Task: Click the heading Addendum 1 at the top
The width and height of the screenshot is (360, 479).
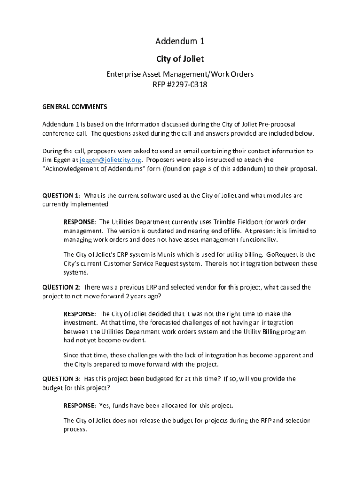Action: pyautogui.click(x=180, y=42)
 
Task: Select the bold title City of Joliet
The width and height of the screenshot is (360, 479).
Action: pyautogui.click(x=180, y=59)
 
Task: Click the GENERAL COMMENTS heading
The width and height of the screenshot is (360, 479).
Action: pyautogui.click(x=75, y=107)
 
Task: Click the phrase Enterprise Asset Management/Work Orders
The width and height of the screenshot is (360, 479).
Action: pyautogui.click(x=180, y=74)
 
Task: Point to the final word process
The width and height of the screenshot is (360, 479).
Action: pyautogui.click(x=75, y=429)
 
